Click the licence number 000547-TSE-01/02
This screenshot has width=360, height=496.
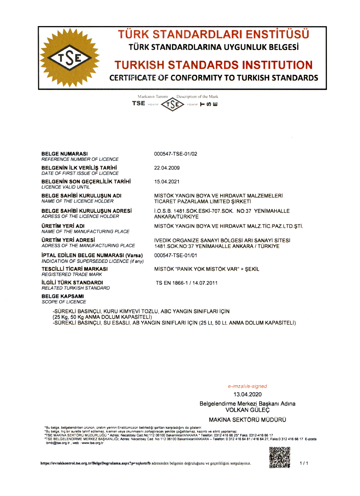176,154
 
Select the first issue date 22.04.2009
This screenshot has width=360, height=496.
167,168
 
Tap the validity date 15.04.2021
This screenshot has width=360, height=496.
167,181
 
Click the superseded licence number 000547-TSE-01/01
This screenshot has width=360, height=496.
176,255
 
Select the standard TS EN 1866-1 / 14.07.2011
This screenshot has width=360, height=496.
186,283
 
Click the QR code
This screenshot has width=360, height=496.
279,457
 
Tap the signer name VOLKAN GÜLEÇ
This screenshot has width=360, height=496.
247,410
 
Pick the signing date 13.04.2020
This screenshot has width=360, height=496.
247,394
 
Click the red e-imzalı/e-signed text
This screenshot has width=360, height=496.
247,386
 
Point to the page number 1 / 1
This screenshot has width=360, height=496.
304,463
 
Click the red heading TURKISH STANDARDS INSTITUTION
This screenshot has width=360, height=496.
213,65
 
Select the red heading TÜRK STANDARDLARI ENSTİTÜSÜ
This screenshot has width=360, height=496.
213,34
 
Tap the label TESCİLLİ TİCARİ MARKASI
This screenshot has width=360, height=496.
75,269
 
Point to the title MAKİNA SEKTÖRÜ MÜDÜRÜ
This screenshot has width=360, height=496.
247,420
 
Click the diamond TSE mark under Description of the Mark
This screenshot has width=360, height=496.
172,104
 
